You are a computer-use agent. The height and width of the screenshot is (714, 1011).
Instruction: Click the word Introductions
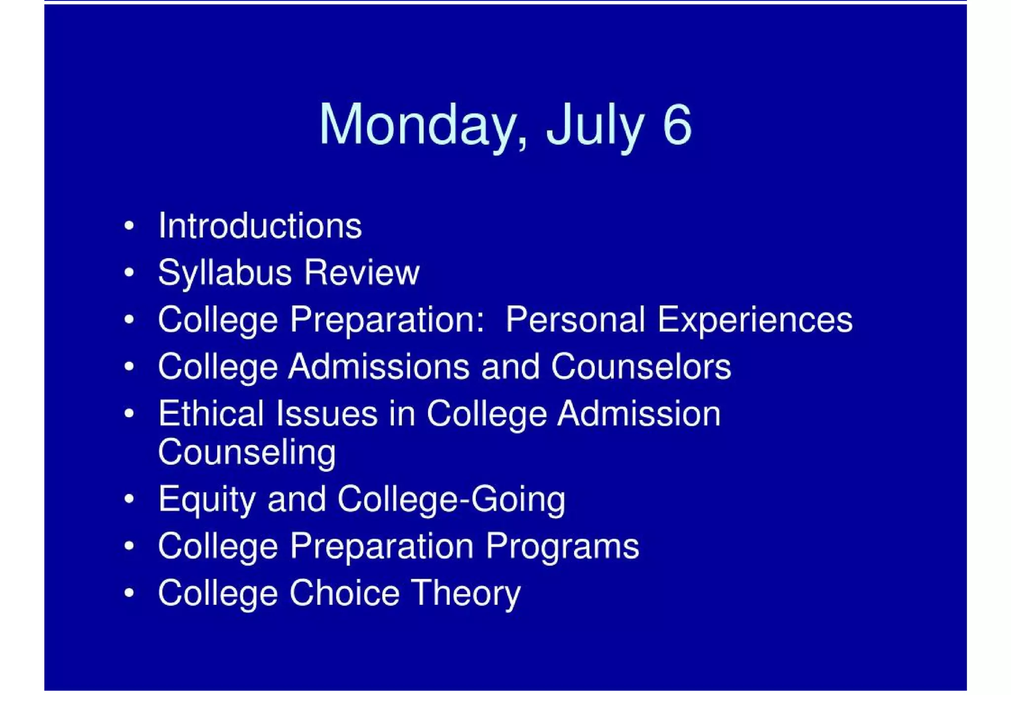[x=260, y=226]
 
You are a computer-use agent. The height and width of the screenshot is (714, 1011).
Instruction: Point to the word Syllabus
[x=225, y=273]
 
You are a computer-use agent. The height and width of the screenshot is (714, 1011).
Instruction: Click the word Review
[x=362, y=272]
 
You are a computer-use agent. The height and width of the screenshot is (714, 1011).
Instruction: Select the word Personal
[x=575, y=319]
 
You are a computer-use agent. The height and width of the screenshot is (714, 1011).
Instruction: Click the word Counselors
[x=641, y=366]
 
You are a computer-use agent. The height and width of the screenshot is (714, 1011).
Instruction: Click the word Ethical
[x=211, y=413]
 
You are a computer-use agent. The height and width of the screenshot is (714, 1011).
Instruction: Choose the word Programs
[x=562, y=546]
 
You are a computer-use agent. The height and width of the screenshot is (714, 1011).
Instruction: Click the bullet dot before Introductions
[x=129, y=226]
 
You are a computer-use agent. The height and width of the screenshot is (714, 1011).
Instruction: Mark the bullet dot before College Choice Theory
[x=129, y=593]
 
